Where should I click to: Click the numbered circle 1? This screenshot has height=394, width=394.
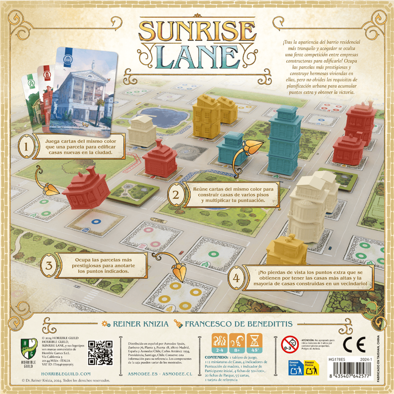pos(26,147)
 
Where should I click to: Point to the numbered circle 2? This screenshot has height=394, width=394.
pos(176,195)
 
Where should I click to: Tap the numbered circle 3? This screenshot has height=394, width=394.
pos(49,265)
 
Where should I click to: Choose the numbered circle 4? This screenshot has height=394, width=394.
pos(236,278)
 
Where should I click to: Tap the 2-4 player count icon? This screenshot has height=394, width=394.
pos(220,343)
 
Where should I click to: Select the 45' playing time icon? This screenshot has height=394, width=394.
pos(255,343)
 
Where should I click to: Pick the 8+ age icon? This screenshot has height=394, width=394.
pos(237,343)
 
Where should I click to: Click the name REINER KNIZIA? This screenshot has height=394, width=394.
pos(141,324)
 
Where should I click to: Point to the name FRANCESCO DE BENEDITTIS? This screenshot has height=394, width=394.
pos(238,324)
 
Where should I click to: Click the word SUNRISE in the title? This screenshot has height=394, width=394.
pos(197,32)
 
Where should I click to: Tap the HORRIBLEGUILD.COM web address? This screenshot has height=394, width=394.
pos(66,374)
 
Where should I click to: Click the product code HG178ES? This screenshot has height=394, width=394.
pos(337,360)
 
